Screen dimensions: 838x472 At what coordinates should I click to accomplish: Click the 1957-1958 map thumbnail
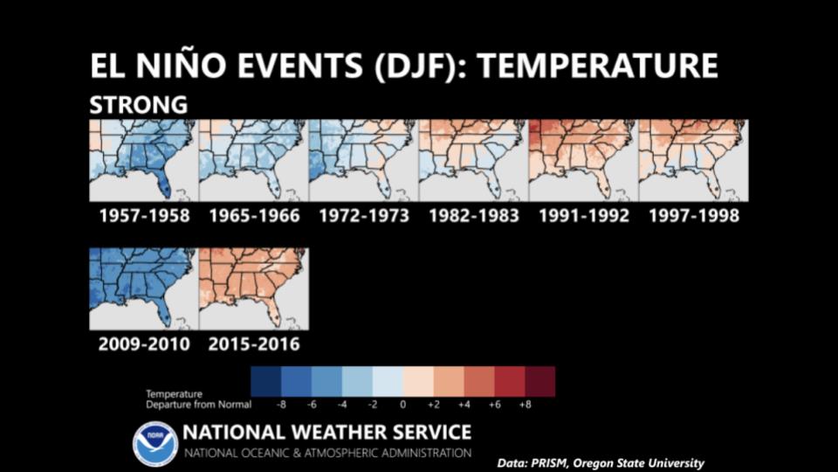pos(143,161)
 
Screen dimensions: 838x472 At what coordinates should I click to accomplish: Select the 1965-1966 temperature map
pos(253,161)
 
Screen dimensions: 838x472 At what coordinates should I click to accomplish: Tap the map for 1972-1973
pos(363,161)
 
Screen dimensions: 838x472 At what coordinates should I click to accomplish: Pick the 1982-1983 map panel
pos(473,161)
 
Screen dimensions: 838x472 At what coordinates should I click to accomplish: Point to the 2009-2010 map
pos(143,289)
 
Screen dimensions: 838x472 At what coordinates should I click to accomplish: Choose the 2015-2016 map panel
pos(254,289)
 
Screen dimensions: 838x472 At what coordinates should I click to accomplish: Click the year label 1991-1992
pos(584,216)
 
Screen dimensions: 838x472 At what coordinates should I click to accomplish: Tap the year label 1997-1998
pos(694,216)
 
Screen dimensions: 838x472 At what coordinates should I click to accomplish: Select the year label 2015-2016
pos(254,344)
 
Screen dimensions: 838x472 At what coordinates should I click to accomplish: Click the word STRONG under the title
pos(139,105)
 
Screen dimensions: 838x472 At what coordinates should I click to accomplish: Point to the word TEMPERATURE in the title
pos(597,66)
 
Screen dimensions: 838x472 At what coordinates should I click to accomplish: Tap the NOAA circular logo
pos(155,444)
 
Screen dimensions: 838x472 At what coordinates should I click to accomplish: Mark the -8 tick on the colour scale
pos(281,405)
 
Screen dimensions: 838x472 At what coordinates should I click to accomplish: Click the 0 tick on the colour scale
pos(403,405)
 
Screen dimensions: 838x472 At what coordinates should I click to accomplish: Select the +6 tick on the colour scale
pos(494,405)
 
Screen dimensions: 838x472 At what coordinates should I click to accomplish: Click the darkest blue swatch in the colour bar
pos(265,382)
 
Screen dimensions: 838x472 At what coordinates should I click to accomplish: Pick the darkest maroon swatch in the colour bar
pos(540,382)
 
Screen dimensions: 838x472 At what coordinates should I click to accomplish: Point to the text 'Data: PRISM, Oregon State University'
pos(601,463)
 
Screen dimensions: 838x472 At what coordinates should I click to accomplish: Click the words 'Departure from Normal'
pos(198,405)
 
